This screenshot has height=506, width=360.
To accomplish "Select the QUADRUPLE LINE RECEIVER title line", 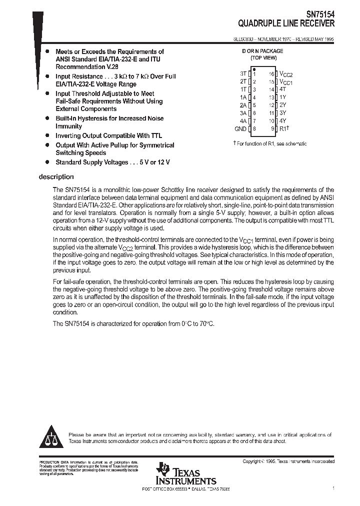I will tap(286, 23).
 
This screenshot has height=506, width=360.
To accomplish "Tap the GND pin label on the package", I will tap(240, 128).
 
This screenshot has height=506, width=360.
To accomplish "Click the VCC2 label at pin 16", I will tap(286, 73).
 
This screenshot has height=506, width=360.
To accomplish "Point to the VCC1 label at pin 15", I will tap(286, 81).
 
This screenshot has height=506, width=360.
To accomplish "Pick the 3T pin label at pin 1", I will tap(243, 73).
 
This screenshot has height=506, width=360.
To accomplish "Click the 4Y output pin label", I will tap(282, 120).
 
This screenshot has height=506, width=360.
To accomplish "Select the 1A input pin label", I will tap(243, 97).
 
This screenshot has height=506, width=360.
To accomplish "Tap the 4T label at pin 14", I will tap(282, 89).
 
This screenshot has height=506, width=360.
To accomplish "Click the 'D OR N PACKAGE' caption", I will tap(262, 51).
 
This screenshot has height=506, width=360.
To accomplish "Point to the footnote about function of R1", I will tap(270, 143).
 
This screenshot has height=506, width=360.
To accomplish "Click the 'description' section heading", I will tap(56, 177).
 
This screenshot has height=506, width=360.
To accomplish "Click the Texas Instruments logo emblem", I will tap(162, 469).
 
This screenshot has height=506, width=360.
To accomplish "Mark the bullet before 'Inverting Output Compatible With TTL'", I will tap(47, 135).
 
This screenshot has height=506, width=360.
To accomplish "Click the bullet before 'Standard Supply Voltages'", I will tap(47, 162).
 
